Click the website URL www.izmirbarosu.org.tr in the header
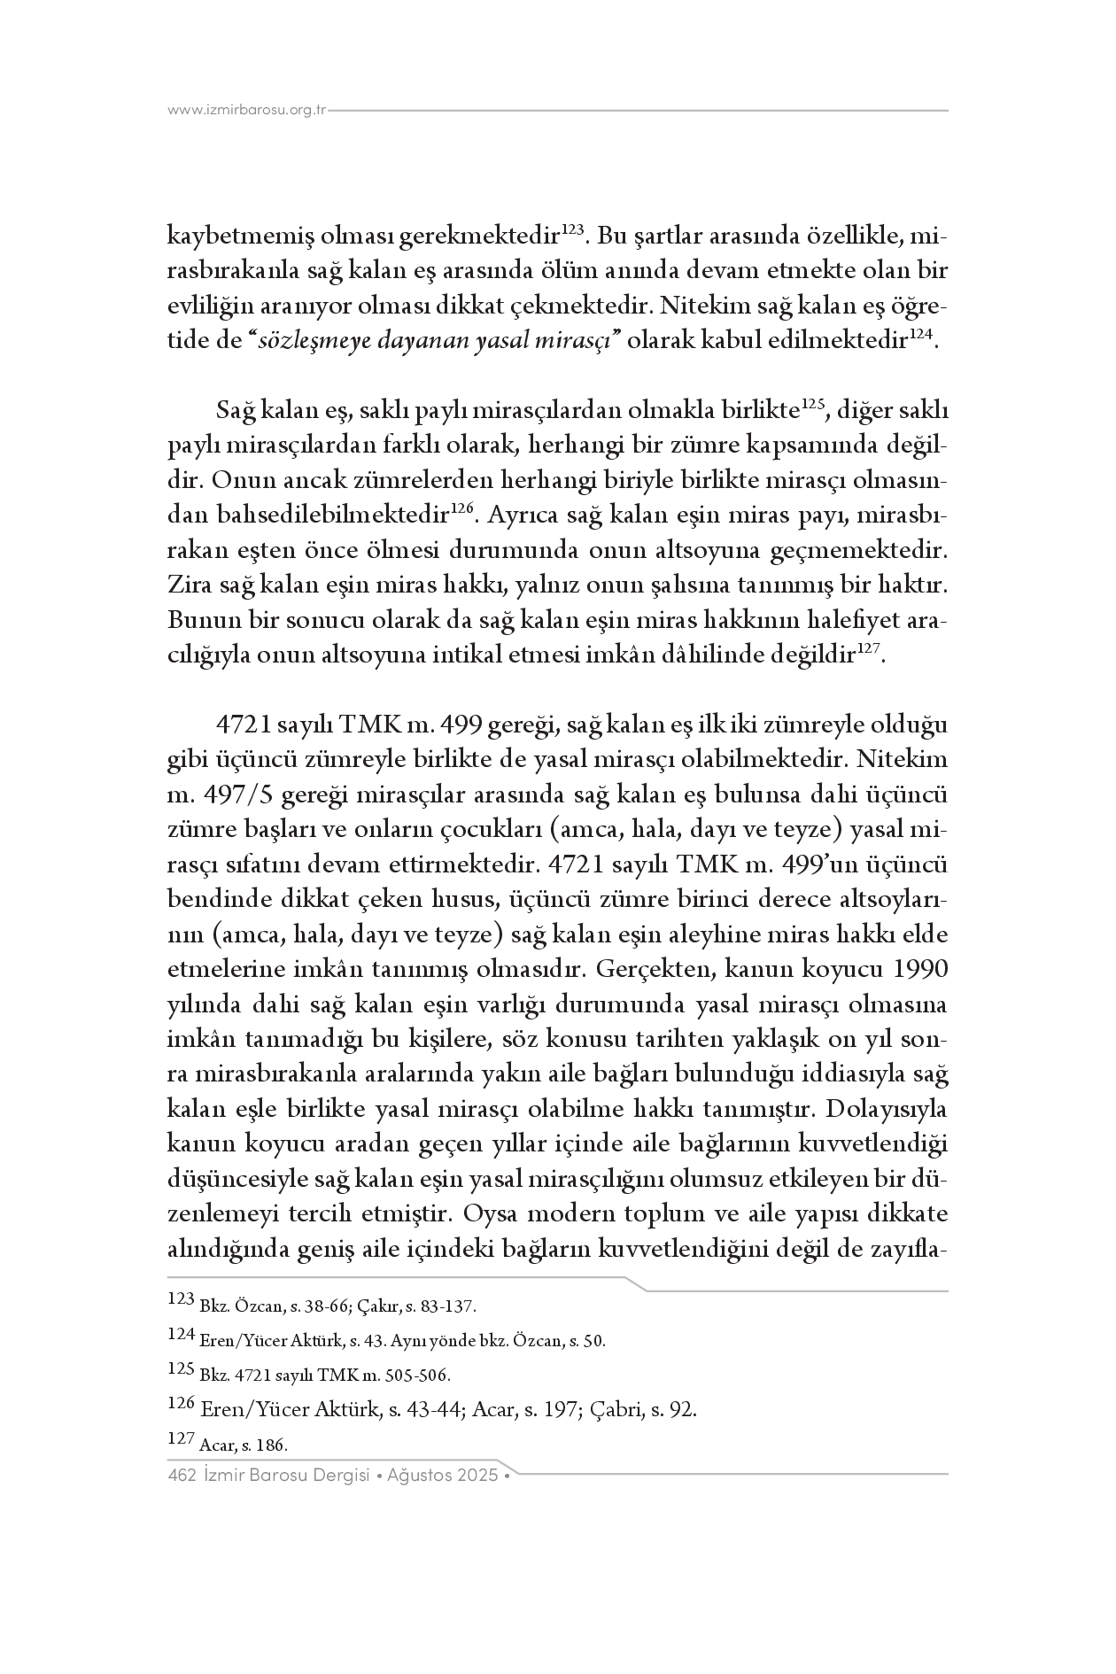[248, 111]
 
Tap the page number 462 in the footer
[181, 1476]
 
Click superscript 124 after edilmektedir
[921, 337]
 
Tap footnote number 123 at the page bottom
[181, 1300]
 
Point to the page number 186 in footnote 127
[271, 1445]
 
